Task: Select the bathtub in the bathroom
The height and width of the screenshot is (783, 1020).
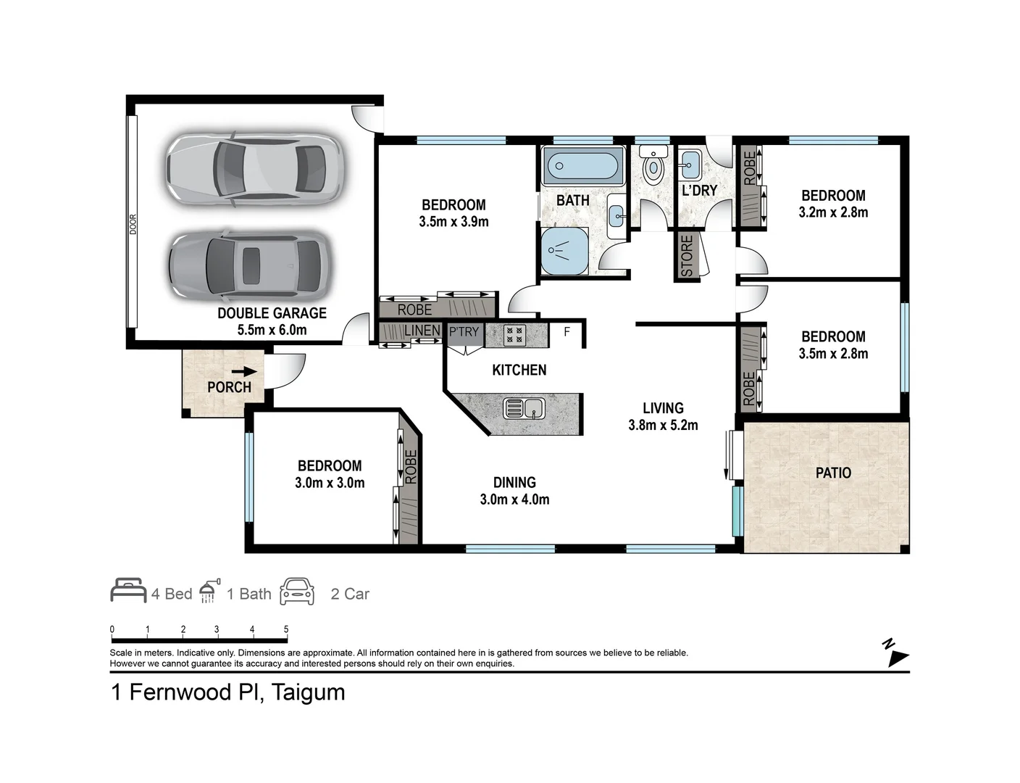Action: [x=583, y=167]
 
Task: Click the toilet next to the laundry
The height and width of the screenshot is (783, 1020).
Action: [x=654, y=166]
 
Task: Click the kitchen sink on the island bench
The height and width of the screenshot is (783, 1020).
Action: [x=524, y=408]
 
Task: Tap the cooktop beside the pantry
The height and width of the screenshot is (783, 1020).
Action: [x=515, y=335]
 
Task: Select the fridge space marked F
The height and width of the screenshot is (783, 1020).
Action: [x=567, y=332]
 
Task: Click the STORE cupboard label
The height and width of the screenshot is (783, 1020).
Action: [x=687, y=256]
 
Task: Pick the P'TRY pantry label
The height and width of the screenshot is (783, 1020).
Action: [x=464, y=332]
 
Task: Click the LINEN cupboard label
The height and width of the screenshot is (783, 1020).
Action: [x=422, y=331]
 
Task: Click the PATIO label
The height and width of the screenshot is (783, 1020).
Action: [x=833, y=473]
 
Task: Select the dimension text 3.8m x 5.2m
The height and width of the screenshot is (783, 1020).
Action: [x=663, y=426]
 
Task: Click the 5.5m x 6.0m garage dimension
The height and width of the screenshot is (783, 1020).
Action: [x=272, y=330]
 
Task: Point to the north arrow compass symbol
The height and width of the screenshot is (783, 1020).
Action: [x=897, y=654]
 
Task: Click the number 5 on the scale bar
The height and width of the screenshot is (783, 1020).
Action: [x=286, y=629]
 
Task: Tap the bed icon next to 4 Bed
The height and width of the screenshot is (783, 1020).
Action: [x=128, y=591]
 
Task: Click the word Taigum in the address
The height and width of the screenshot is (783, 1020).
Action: [x=308, y=692]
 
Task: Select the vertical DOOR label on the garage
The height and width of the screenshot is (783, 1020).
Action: [x=133, y=224]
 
